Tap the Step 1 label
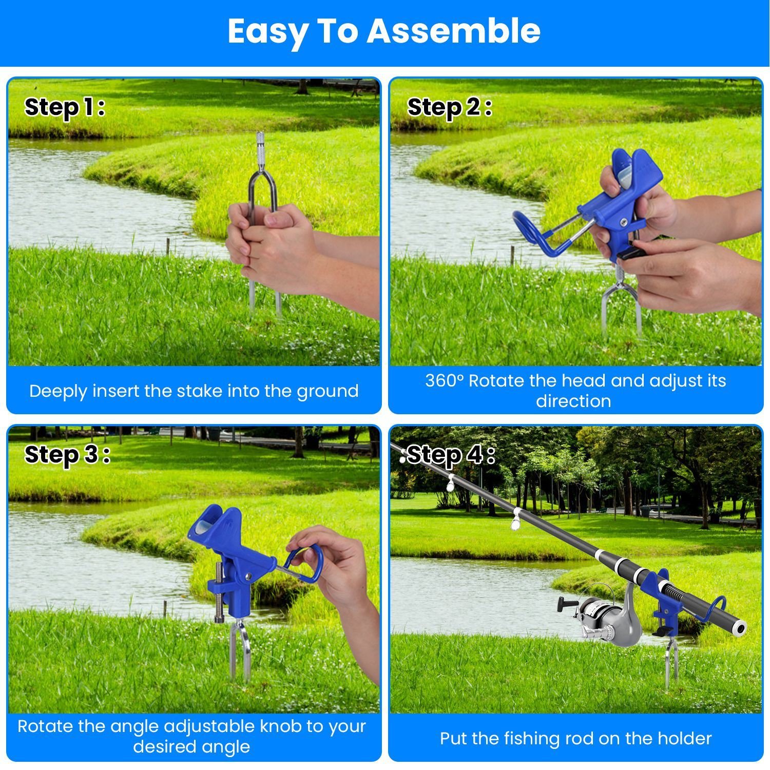click(x=65, y=107)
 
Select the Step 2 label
click(x=450, y=107)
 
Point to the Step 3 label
click(x=67, y=455)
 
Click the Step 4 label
click(x=451, y=455)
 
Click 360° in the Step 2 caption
click(x=445, y=381)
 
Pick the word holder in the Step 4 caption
click(x=684, y=739)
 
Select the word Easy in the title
click(x=266, y=32)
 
